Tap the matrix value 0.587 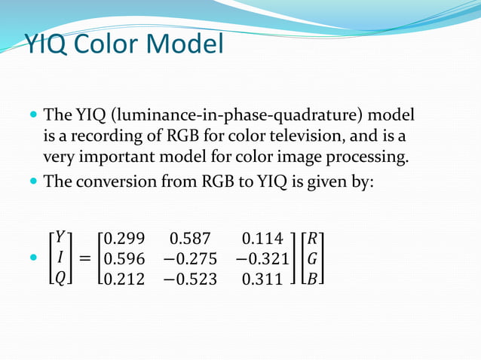click(191, 240)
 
